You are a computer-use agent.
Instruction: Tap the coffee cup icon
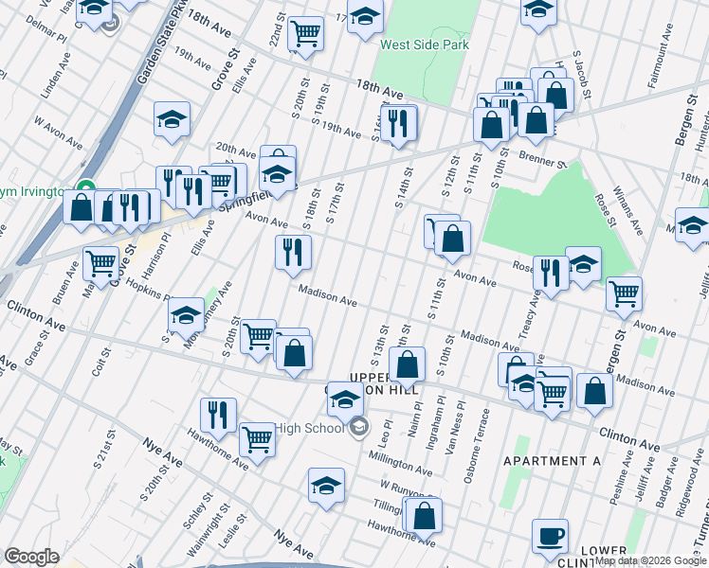(x=550, y=536)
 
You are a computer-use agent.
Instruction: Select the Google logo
(x=31, y=556)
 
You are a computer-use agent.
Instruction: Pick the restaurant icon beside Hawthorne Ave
(x=218, y=414)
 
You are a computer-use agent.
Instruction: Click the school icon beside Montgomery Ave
(x=186, y=314)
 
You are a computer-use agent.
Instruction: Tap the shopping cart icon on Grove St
(x=100, y=265)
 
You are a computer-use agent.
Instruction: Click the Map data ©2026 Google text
(x=650, y=560)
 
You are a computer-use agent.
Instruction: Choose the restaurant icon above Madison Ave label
(x=293, y=252)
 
